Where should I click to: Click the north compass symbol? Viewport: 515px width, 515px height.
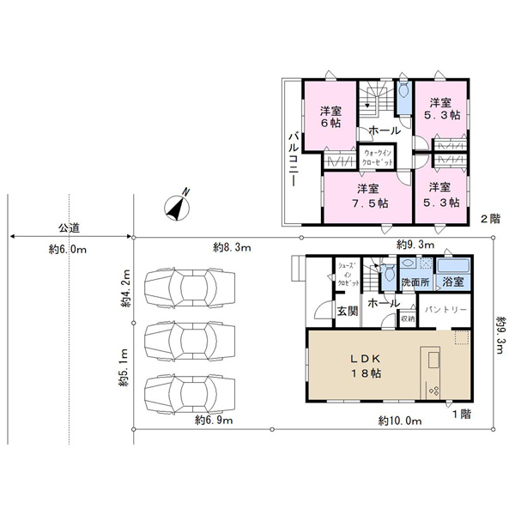tap(178, 207)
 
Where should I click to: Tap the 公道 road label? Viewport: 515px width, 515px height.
tap(69, 228)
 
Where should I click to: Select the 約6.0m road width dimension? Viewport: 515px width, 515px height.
tap(68, 250)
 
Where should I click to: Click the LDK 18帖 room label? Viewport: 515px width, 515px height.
tap(366, 366)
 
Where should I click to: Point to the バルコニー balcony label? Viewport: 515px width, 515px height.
tap(294, 160)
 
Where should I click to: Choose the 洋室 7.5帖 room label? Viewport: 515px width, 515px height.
tap(369, 196)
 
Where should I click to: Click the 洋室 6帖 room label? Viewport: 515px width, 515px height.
tap(330, 117)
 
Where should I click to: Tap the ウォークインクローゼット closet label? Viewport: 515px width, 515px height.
tap(377, 158)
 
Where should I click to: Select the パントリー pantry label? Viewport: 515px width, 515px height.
tap(445, 310)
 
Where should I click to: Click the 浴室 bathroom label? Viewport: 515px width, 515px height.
tap(453, 282)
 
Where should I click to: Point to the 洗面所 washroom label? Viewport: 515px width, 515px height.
tap(415, 282)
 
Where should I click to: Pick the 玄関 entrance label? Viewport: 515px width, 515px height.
tap(348, 311)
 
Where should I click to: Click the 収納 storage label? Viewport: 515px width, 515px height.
tap(408, 318)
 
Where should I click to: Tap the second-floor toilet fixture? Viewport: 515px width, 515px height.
tap(403, 89)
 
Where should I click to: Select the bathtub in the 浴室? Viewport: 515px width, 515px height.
tap(453, 265)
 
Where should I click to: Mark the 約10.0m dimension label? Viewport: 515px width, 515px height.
tap(400, 421)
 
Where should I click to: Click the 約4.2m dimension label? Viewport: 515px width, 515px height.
tap(125, 288)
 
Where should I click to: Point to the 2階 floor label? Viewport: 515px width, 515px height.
tap(490, 219)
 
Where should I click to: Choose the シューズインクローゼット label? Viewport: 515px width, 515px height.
tap(348, 275)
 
